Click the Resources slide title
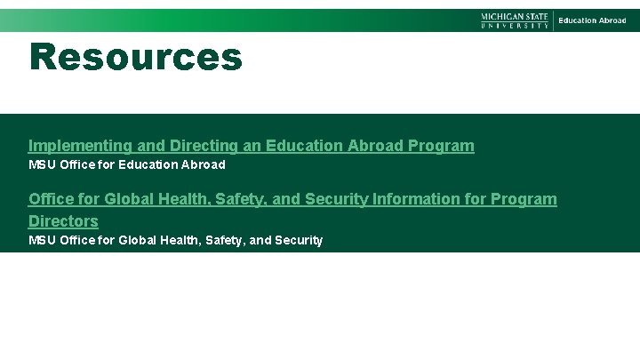(x=135, y=58)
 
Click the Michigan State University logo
(x=516, y=20)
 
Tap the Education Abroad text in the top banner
(x=592, y=20)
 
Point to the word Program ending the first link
(x=441, y=145)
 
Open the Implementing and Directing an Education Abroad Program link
(x=251, y=145)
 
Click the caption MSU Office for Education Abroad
(x=127, y=164)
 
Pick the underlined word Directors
(x=63, y=220)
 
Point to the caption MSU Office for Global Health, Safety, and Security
(x=175, y=240)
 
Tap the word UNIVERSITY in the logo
(x=516, y=26)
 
